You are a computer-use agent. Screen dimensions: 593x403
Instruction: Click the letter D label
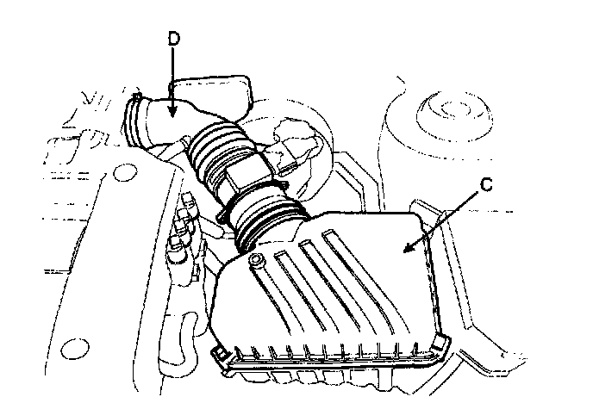pos(173,39)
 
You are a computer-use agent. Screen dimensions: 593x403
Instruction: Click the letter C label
pos(486,184)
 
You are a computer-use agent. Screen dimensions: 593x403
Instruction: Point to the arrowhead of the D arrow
pos(172,111)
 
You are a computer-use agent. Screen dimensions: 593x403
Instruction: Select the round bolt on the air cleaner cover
pos(256,259)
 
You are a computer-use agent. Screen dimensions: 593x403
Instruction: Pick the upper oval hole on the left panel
pos(125,172)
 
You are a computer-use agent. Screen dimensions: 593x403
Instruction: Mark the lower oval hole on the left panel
pos(75,349)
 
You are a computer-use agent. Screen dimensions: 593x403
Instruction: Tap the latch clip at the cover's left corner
pos(220,356)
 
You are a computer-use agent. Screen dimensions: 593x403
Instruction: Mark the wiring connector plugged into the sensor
pos(291,152)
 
